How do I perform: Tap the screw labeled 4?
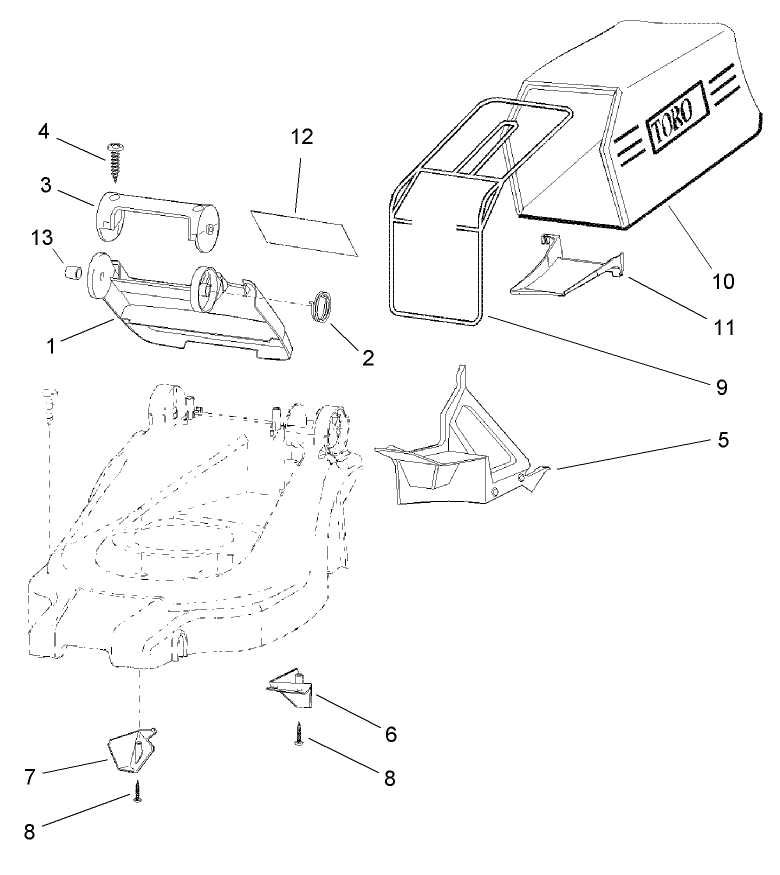coord(116,156)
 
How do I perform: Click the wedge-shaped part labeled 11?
coord(565,274)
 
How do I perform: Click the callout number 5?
coord(722,440)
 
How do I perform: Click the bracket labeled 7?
coord(132,750)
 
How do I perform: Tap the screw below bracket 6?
coord(298,736)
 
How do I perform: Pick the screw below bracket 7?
coord(137,796)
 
